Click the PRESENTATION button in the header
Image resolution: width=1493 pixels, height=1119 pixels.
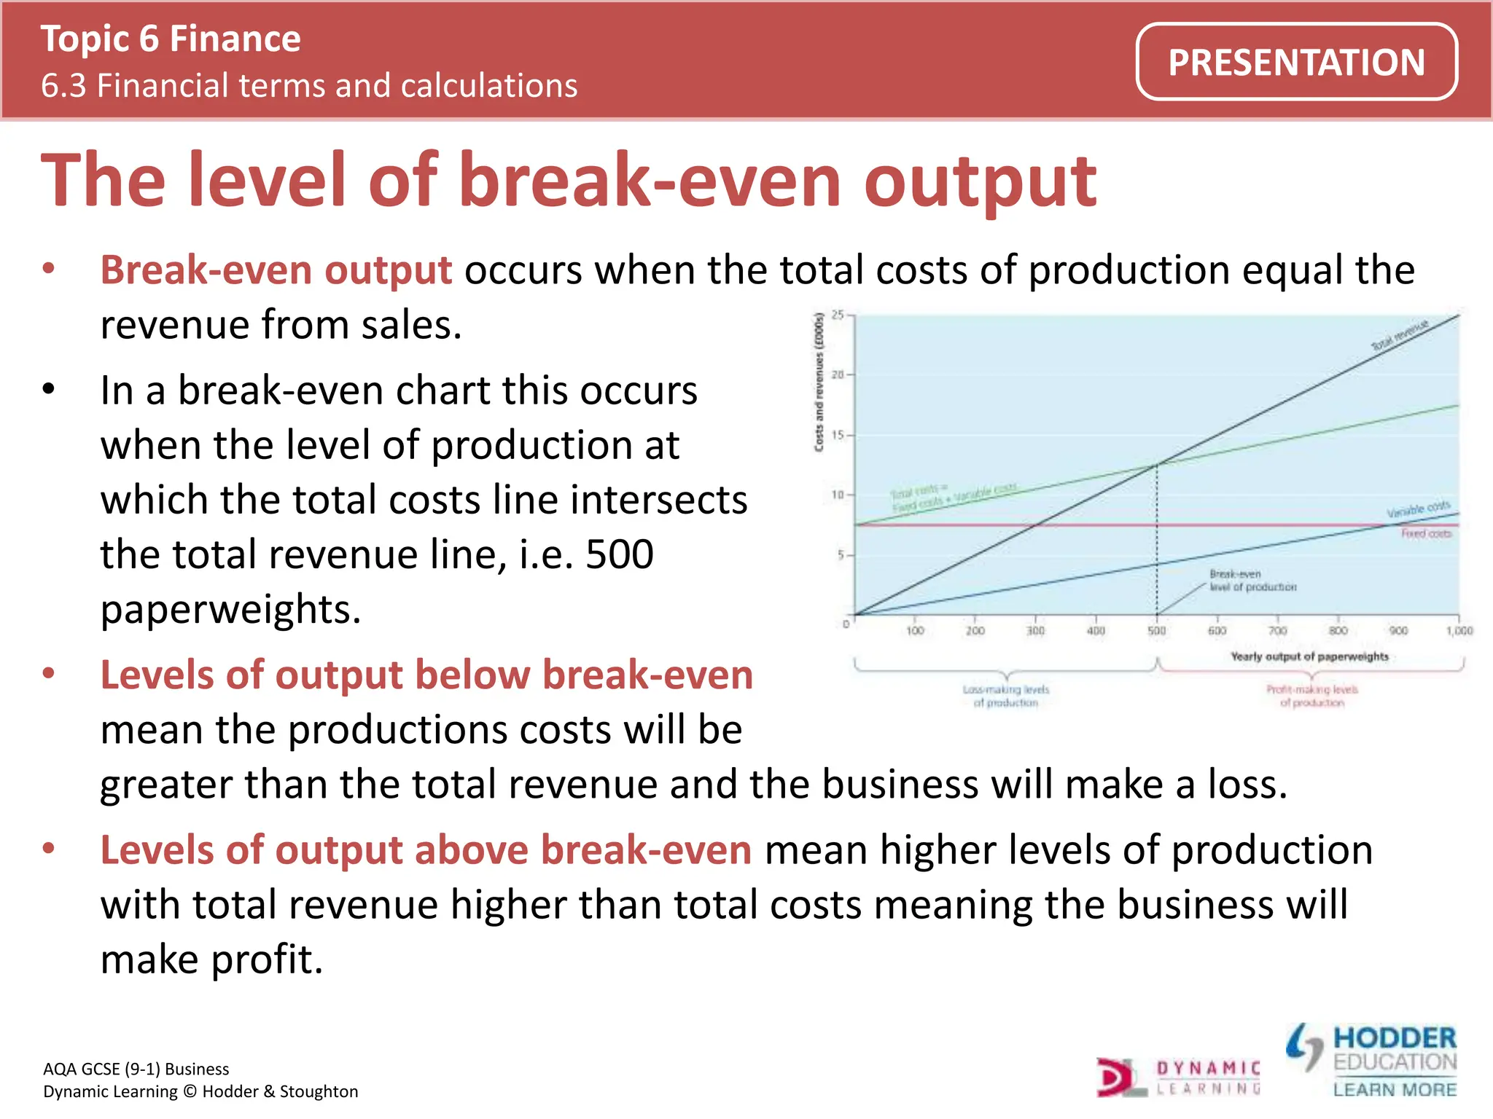(x=1296, y=62)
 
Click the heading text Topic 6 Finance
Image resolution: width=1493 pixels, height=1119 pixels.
(x=171, y=39)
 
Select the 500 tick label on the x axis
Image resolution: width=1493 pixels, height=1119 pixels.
(x=1157, y=631)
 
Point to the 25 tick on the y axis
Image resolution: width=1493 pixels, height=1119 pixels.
(x=838, y=315)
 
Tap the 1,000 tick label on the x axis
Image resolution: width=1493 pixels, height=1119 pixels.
(x=1459, y=631)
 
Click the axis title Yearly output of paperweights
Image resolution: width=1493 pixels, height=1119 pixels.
(x=1309, y=656)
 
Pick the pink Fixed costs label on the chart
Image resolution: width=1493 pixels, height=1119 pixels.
(x=1426, y=534)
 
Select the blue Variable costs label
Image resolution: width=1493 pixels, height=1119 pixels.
(x=1418, y=509)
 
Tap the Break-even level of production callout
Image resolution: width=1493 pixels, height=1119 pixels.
(x=1252, y=581)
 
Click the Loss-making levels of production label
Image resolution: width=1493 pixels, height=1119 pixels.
(x=1005, y=696)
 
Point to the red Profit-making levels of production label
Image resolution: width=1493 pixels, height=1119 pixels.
(x=1311, y=696)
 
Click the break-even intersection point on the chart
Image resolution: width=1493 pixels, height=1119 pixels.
(x=1157, y=464)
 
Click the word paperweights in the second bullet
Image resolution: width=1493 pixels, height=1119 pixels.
(x=230, y=609)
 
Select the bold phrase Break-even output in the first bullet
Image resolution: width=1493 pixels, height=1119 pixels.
(x=276, y=270)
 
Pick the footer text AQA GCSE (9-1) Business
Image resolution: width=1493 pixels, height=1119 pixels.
(x=136, y=1069)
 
